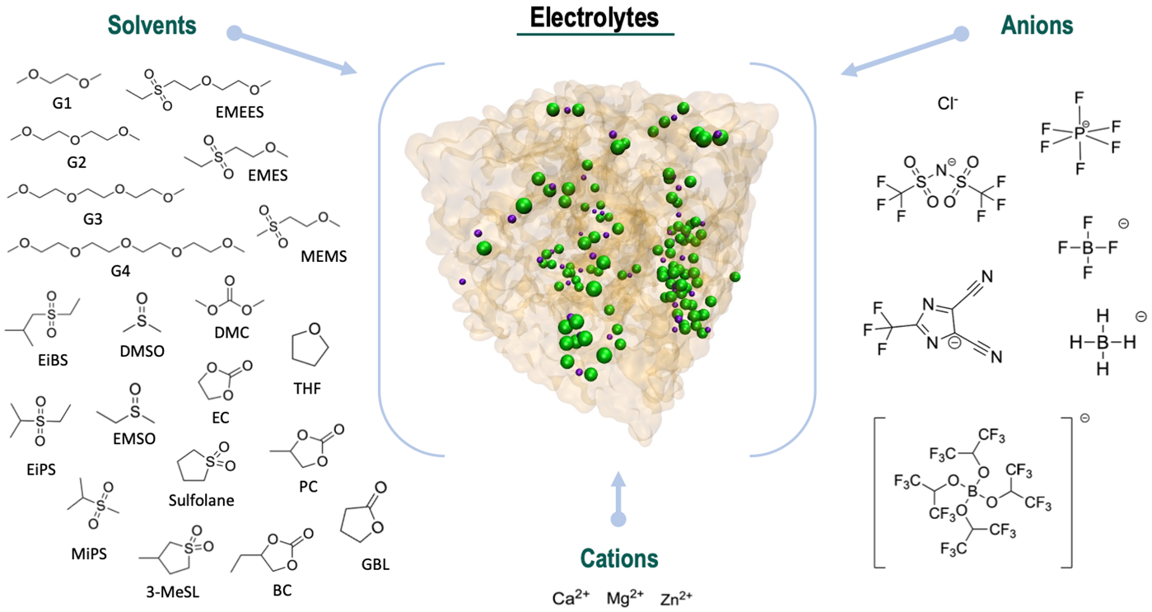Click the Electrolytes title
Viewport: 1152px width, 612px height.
pyautogui.click(x=595, y=18)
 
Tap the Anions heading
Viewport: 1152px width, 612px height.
pyautogui.click(x=1037, y=26)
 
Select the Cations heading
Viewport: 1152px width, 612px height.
pyautogui.click(x=619, y=558)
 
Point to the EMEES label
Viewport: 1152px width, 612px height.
pyautogui.click(x=238, y=113)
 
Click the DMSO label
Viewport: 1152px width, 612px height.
pyautogui.click(x=142, y=351)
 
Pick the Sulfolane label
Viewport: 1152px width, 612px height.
pyautogui.click(x=201, y=501)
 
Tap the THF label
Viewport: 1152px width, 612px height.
pyautogui.click(x=305, y=386)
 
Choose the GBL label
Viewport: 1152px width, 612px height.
pyautogui.click(x=375, y=565)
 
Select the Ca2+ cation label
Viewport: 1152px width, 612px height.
pyautogui.click(x=571, y=597)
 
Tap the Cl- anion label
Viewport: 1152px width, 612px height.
pyautogui.click(x=948, y=104)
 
